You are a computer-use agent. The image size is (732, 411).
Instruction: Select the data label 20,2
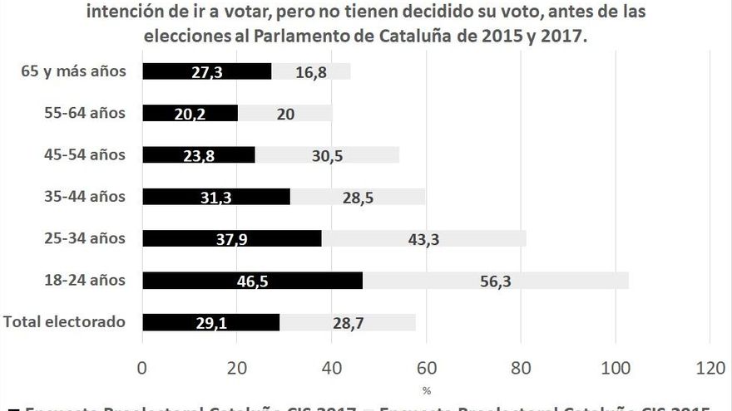190,114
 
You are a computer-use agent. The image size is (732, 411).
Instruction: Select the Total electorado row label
65,321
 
